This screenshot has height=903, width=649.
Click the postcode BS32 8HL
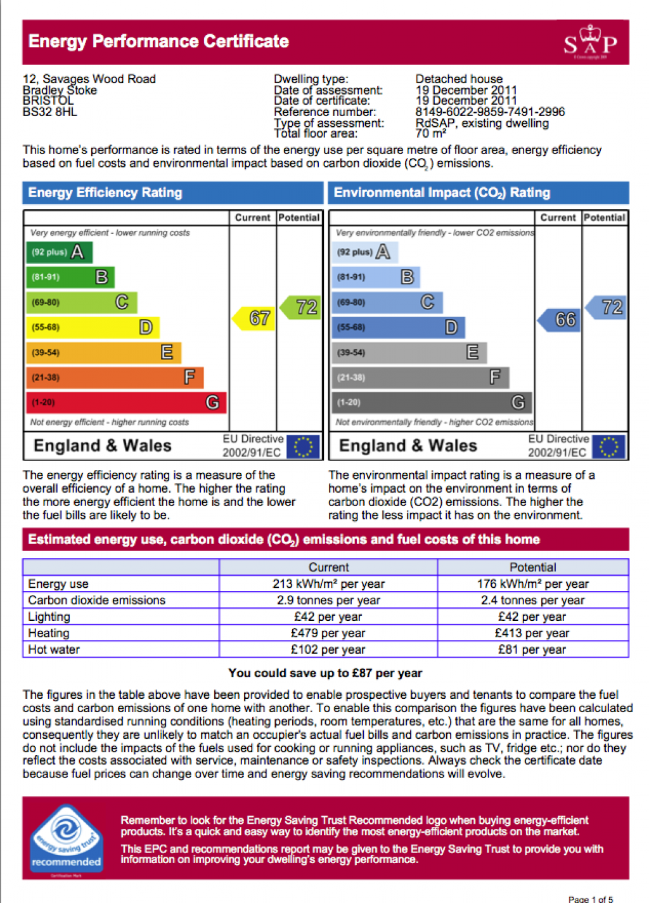[x=49, y=112]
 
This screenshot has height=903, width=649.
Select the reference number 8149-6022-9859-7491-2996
[x=490, y=112]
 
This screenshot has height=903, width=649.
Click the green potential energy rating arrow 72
[x=302, y=308]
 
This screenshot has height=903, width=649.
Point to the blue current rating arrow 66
[x=561, y=320]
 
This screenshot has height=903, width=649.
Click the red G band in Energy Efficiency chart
[x=125, y=403]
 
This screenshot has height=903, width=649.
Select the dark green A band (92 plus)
[x=59, y=252]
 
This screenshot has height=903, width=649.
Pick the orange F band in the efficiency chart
[x=114, y=378]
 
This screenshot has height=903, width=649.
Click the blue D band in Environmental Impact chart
[x=398, y=327]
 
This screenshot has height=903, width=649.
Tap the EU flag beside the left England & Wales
[x=303, y=446]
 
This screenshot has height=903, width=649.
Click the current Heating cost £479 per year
[x=328, y=633]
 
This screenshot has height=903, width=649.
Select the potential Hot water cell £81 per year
[x=532, y=649]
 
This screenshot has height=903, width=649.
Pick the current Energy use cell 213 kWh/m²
[x=328, y=583]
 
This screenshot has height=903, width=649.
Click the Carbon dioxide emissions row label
[x=96, y=600]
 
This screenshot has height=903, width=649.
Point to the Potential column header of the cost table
[x=532, y=567]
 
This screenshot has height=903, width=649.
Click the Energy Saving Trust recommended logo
[x=67, y=838]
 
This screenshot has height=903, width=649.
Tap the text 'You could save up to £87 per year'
[x=325, y=673]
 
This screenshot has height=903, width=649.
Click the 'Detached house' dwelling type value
[x=459, y=79]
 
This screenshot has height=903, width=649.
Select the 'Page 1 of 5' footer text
[x=590, y=899]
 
